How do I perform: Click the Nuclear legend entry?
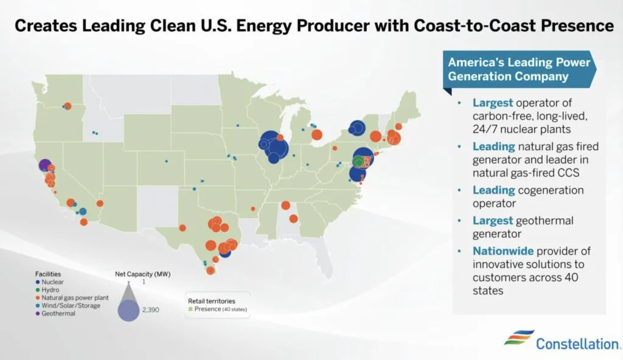click(52, 282)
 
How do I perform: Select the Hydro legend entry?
click(50, 290)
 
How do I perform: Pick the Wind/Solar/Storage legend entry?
click(67, 306)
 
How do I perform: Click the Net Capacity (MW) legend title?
click(141, 274)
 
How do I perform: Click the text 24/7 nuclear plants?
click(522, 128)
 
